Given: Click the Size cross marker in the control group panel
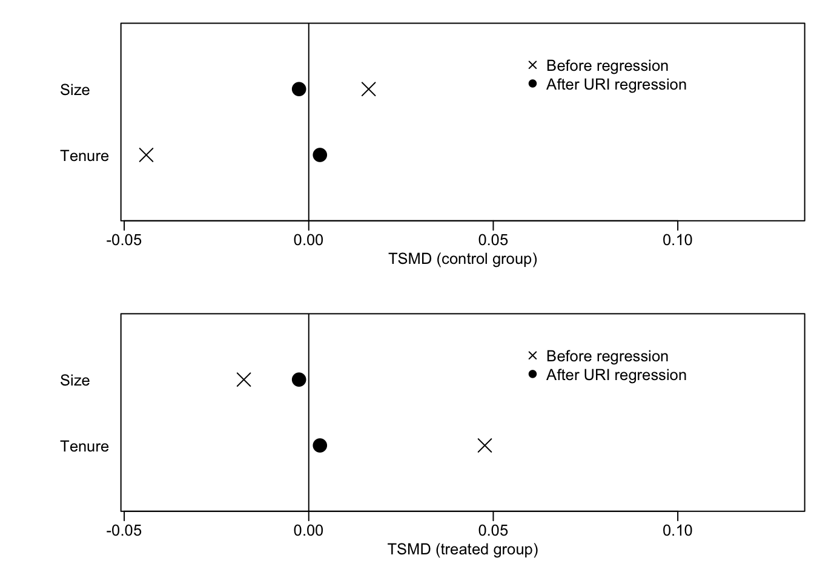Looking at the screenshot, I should point(368,90).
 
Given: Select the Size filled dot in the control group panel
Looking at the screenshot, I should point(299,90).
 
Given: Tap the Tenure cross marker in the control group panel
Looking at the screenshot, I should point(146,155).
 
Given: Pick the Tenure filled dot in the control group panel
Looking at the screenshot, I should point(320,155).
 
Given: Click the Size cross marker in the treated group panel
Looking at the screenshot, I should point(243,379).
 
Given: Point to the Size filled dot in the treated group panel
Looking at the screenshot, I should point(299,379).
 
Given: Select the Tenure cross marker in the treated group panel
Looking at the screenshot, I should point(485,445).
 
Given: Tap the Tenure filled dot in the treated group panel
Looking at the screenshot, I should point(320,445).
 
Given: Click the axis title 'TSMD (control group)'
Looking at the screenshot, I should point(462,259).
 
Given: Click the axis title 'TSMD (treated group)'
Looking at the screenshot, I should point(462,550).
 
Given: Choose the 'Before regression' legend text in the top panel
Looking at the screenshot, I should point(607,65).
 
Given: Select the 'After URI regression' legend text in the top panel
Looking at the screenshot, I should point(616,84).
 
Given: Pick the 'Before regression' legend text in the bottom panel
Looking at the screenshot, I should point(607,356).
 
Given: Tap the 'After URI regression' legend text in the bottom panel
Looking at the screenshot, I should point(616,375).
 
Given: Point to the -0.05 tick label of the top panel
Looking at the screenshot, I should point(124,240).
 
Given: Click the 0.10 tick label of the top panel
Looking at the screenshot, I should point(677,240).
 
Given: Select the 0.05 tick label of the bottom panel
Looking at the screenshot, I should point(493,531).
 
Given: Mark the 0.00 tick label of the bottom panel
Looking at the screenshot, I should point(308,531).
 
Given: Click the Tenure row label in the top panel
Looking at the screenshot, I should point(84,156).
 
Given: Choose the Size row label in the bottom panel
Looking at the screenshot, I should point(74,380).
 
